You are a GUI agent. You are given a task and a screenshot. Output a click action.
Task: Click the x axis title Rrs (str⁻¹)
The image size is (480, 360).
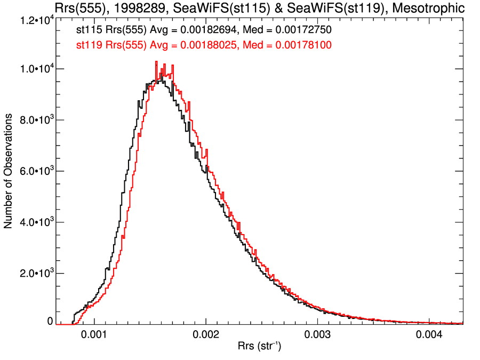click(259, 347)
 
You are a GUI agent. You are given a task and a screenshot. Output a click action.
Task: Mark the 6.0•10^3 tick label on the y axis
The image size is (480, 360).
click(35, 171)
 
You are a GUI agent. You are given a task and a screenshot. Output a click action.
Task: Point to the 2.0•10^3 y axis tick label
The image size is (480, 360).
click(35, 273)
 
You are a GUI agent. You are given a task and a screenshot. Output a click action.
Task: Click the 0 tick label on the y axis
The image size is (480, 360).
click(50, 322)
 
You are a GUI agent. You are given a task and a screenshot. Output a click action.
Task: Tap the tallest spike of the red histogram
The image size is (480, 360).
click(156, 62)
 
